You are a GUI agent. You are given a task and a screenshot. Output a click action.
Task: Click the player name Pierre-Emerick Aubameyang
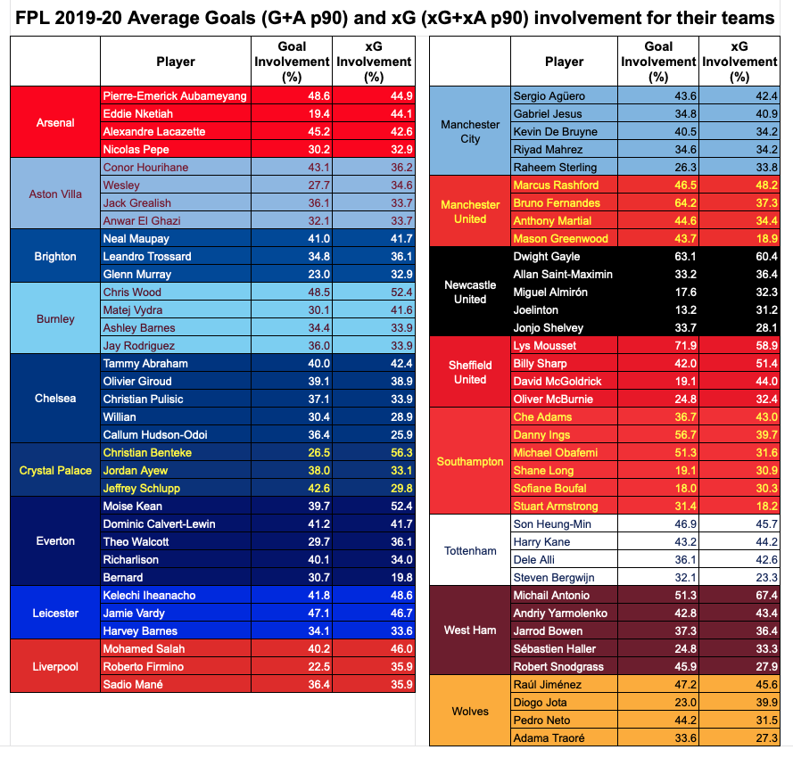(175, 95)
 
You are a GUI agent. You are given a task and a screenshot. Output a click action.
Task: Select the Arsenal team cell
(55, 122)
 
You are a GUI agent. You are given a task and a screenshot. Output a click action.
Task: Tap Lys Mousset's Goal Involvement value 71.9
(658, 346)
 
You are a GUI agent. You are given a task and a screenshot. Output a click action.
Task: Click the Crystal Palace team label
(55, 470)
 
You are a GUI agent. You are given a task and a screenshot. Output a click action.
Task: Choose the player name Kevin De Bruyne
(555, 131)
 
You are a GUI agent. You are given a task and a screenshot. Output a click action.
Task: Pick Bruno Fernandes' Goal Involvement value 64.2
(658, 202)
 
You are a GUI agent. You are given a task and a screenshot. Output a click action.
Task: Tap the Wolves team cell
(470, 711)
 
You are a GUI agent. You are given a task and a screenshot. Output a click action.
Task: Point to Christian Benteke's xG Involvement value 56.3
(372, 452)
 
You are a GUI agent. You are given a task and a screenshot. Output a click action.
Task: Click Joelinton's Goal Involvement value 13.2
(658, 309)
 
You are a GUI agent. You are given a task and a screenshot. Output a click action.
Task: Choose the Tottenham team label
(470, 550)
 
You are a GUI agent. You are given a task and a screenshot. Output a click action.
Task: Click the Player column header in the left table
(175, 62)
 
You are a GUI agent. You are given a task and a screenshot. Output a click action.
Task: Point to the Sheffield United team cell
(470, 372)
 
